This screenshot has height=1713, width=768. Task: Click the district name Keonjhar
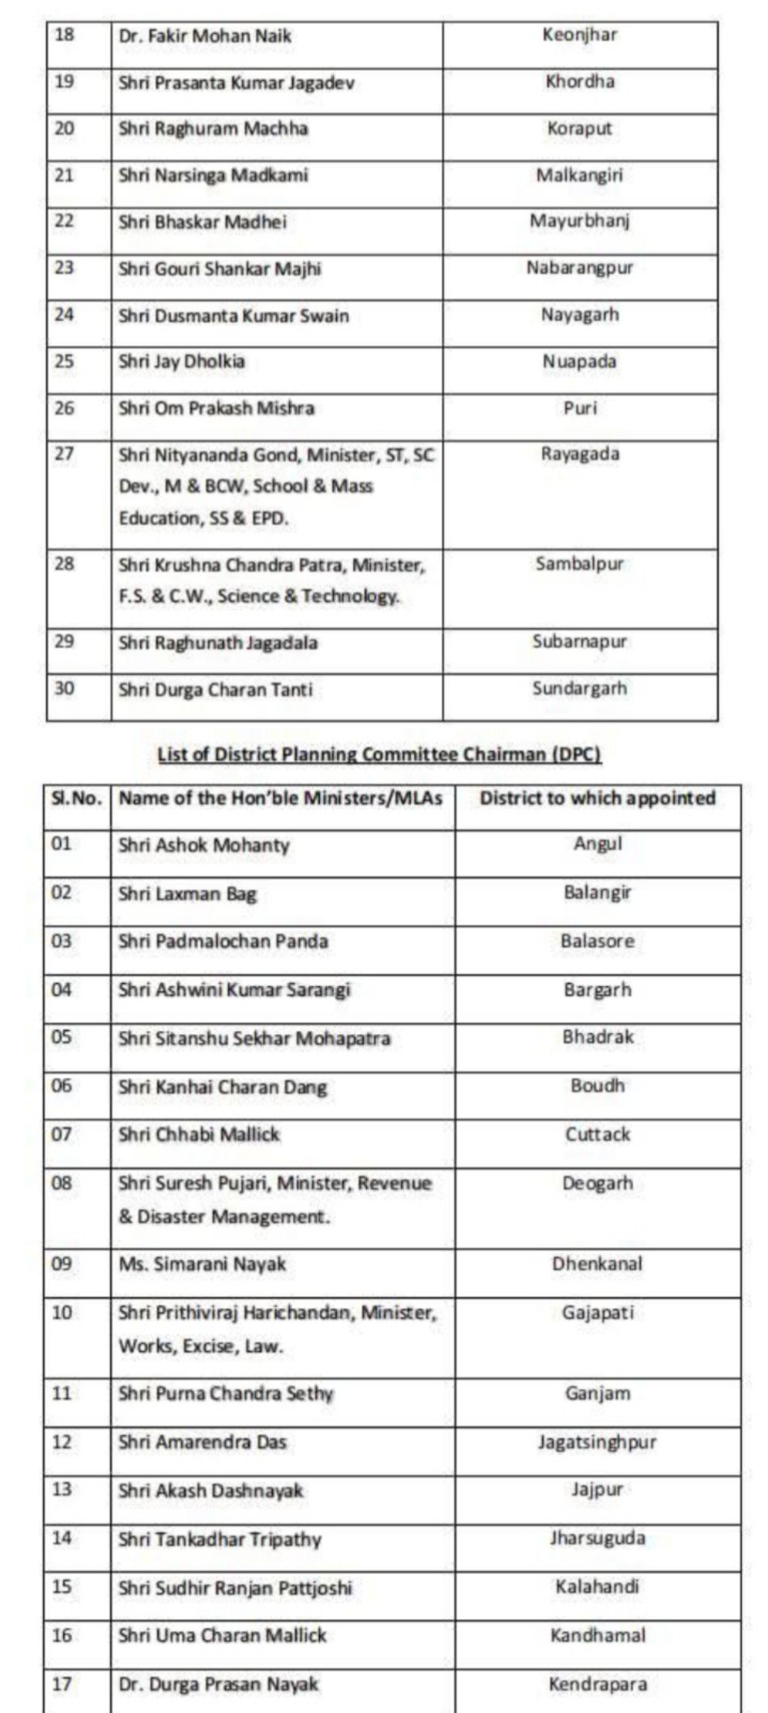point(580,36)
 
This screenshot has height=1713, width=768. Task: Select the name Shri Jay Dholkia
point(181,361)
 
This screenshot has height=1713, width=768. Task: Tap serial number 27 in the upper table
point(64,454)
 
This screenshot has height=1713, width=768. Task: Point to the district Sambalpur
point(580,563)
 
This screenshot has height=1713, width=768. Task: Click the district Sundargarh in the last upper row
point(580,689)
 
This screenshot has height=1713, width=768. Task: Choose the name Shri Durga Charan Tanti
point(215,690)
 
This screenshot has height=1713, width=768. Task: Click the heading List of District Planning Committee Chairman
point(379,754)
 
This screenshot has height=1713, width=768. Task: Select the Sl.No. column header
point(77,798)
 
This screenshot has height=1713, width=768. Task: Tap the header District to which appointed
point(598,798)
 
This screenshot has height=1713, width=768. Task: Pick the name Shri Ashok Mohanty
point(204,845)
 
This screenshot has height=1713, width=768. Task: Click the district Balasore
point(598,942)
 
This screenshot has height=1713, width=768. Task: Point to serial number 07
point(62,1134)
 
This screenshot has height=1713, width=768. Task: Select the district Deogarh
point(598,1183)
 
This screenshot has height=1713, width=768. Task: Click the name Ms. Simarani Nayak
point(203,1264)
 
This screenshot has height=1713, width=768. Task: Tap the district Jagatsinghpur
point(598,1442)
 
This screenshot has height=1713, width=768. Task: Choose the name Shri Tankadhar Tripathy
point(220,1540)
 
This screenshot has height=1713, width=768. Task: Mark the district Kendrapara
point(598,1685)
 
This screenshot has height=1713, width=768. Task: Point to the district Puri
point(580,408)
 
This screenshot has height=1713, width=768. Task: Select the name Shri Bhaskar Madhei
point(203,222)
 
